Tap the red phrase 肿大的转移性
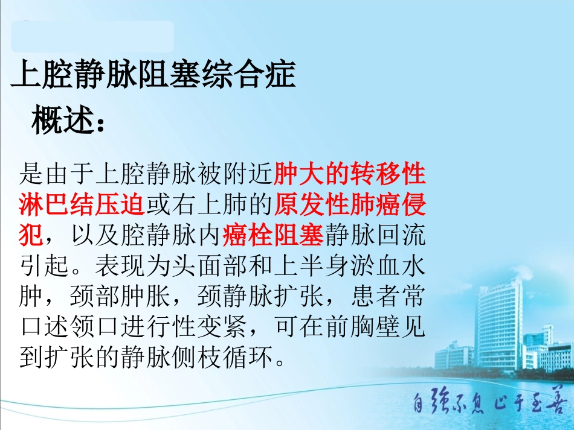[x=350, y=175]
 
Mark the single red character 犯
[x=31, y=236]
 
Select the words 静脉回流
[x=375, y=236]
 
